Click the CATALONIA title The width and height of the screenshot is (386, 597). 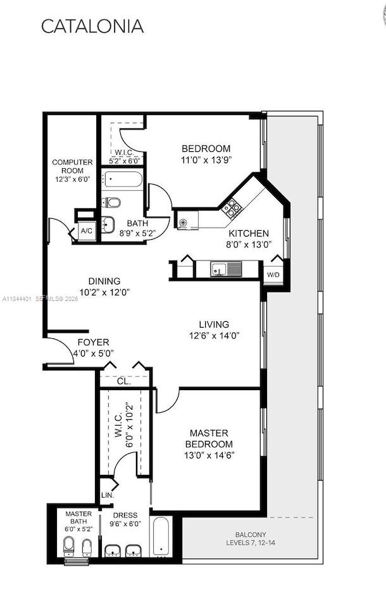coord(92,26)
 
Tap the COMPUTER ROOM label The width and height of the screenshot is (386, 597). coord(72,171)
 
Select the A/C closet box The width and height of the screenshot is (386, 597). coord(87,231)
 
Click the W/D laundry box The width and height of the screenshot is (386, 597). coord(273,275)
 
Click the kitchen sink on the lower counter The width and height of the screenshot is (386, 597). coord(218,269)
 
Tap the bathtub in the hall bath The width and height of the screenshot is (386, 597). coord(123,179)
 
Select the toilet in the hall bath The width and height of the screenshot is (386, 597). coord(112,202)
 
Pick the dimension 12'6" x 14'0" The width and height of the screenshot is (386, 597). coord(215,336)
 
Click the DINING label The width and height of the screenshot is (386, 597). coord(104,281)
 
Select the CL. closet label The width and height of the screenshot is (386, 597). coord(124,381)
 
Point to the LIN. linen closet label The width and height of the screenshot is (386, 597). coord(107,495)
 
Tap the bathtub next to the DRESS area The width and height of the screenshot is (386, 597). coord(161,536)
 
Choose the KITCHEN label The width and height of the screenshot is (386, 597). coord(248,233)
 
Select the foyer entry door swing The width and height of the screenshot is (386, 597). coord(61,351)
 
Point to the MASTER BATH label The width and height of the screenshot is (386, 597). coord(78,519)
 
